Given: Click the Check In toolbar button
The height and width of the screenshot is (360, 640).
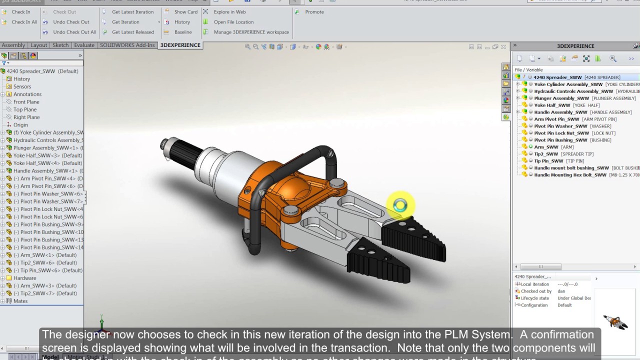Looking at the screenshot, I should point(20,12).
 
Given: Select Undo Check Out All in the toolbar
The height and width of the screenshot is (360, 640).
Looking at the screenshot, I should point(74,32).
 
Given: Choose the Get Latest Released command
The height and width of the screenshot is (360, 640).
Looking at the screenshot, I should point(132,32).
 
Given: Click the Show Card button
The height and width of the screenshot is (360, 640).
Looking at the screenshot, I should point(185,12).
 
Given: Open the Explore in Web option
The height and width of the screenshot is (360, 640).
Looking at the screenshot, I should point(229,12).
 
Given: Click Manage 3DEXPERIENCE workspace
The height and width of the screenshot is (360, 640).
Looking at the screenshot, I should point(251,32).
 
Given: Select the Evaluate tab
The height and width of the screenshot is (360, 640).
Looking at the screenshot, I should point(84,45).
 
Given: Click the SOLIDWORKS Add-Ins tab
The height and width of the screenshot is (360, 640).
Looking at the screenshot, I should point(128,45).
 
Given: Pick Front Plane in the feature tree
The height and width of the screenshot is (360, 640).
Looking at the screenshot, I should point(26,102).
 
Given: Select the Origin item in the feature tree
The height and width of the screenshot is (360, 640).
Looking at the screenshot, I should point(20,125).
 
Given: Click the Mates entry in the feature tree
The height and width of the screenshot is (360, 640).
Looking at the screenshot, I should point(20,301).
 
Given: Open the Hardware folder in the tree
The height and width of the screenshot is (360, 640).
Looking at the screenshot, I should point(24,278).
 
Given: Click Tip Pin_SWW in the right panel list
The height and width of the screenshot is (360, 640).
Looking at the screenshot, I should point(548,161).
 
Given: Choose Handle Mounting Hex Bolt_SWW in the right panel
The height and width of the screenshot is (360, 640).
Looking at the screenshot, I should point(570,175).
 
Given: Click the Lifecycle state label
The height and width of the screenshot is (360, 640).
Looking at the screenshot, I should point(534,298).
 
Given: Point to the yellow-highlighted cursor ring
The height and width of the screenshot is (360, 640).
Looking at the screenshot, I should point(400,205).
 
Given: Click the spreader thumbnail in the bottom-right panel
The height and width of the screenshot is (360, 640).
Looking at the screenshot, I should point(615,321).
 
